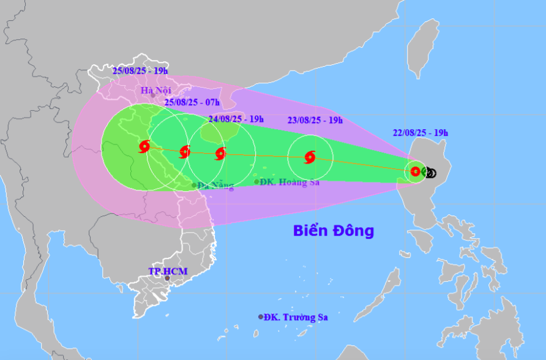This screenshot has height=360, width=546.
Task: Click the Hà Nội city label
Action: click(x=155, y=91)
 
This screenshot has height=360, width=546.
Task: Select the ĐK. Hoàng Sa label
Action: click(x=290, y=182)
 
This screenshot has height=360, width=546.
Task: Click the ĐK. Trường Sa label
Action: click(x=297, y=317)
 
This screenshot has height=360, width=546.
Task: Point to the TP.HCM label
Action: click(x=168, y=271)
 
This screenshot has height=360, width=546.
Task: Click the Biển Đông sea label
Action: click(x=333, y=231)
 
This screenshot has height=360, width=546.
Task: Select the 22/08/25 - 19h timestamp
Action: click(x=421, y=132)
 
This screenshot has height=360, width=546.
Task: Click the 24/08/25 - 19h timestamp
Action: click(x=236, y=119)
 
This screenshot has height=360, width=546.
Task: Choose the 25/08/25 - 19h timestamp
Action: click(x=140, y=70)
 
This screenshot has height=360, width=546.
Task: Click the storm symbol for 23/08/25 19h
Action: click(x=310, y=157)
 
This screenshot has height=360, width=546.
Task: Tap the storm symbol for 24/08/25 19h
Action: click(x=220, y=154)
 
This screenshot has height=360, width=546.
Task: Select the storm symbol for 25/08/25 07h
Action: click(x=185, y=151)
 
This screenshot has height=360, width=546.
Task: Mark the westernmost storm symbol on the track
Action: click(x=144, y=146)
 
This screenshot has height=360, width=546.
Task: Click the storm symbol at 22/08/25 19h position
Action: click(x=416, y=171)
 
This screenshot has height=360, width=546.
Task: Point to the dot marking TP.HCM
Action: click(x=167, y=279)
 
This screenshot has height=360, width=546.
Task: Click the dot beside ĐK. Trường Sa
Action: click(x=261, y=317)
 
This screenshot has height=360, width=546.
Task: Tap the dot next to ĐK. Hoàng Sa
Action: click(x=256, y=182)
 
